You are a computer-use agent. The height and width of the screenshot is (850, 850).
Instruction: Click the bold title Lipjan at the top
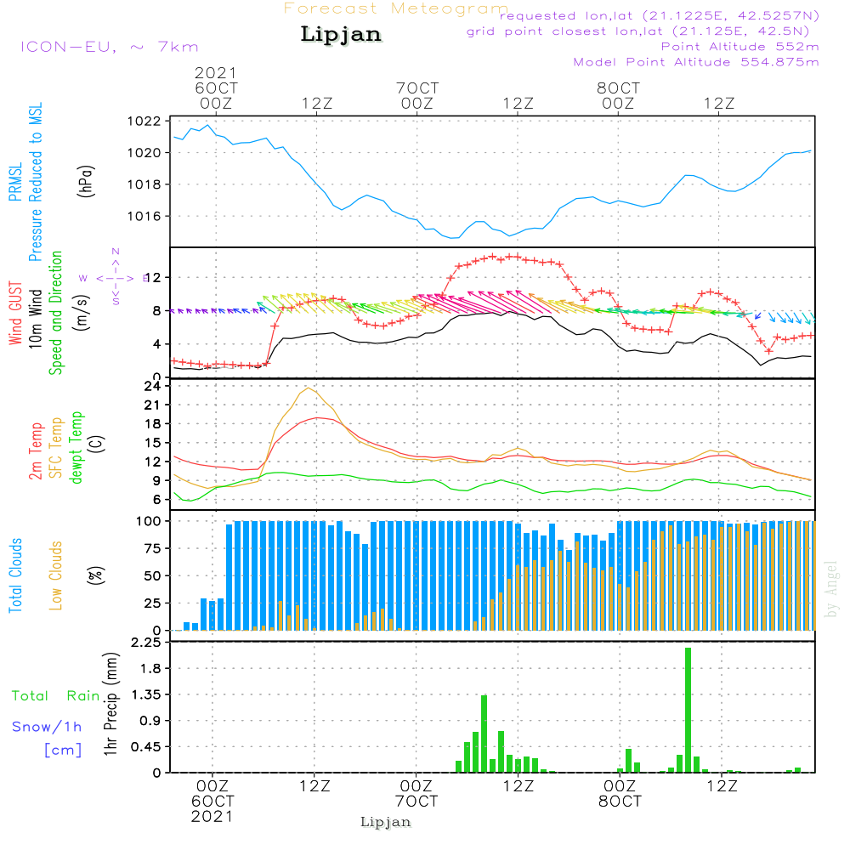tap(341, 35)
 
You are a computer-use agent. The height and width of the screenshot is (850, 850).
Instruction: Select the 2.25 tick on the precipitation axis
tap(144, 643)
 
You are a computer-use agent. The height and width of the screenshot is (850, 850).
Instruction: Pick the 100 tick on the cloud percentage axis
tap(150, 521)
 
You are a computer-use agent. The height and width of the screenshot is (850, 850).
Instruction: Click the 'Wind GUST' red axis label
tap(15, 314)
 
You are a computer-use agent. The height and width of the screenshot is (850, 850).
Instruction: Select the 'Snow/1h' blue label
tap(47, 728)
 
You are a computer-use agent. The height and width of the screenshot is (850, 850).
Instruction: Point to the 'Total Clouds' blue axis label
tap(15, 575)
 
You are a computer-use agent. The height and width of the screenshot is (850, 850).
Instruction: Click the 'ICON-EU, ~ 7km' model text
tap(109, 47)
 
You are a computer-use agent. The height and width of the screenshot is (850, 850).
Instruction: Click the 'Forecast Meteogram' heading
tap(396, 8)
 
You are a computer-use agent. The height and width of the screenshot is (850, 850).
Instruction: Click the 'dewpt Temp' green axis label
tap(76, 448)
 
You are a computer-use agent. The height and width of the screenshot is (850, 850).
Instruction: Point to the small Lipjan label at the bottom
tap(386, 822)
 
